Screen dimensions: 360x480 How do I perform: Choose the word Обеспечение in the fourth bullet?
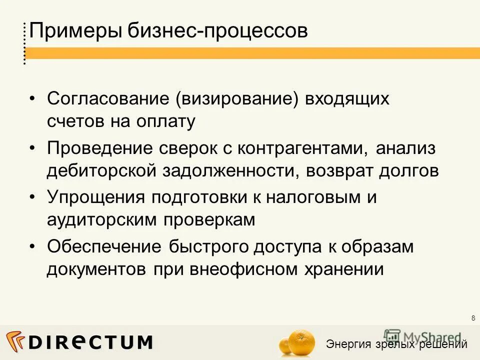[103, 246]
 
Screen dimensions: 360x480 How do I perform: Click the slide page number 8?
[472, 318]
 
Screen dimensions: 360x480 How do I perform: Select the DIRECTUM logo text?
[90, 342]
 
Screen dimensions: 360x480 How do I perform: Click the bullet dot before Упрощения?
[32, 197]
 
